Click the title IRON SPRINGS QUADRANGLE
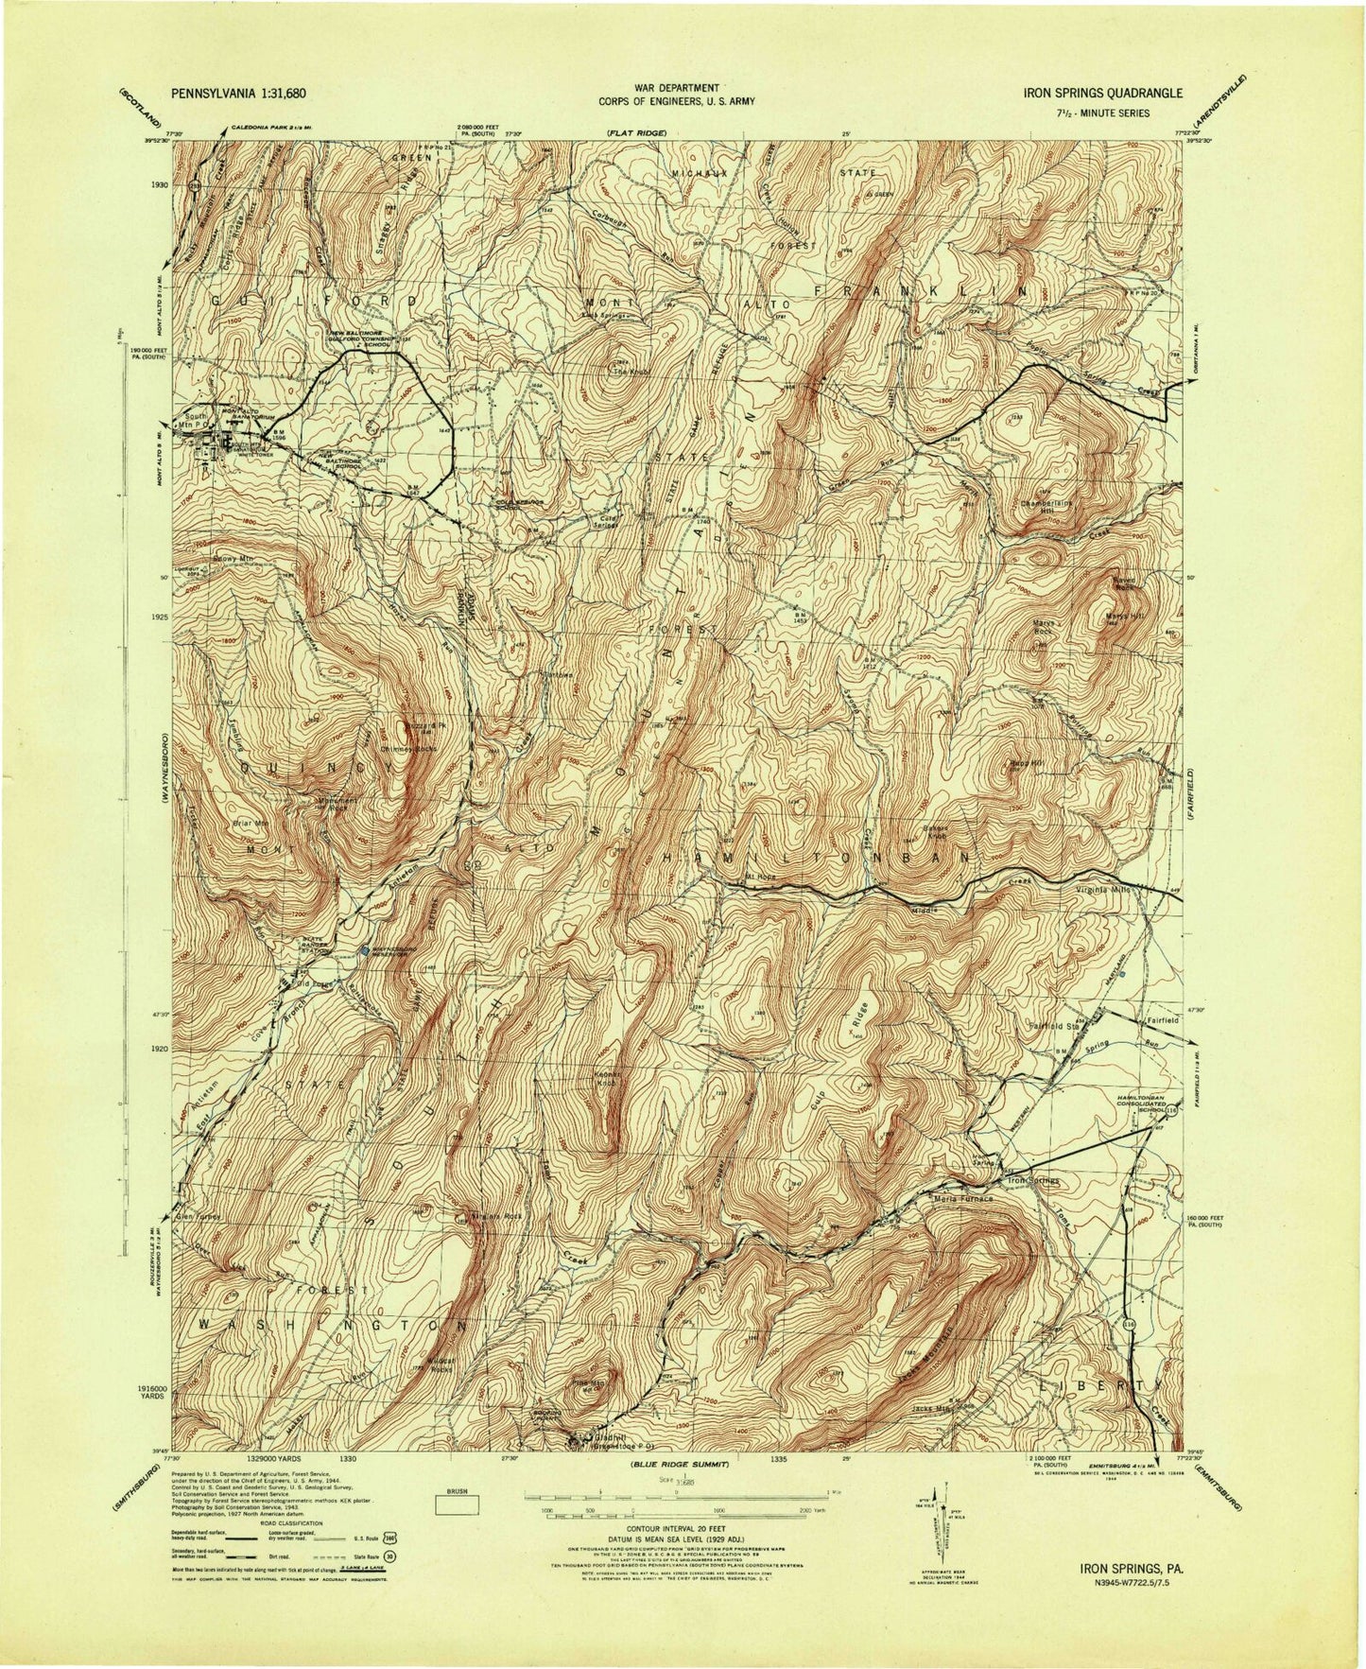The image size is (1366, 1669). pyautogui.click(x=1102, y=93)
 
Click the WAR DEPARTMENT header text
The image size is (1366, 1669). pyautogui.click(x=675, y=87)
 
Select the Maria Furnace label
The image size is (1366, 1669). pyautogui.click(x=963, y=1198)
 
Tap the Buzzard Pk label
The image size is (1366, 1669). pyautogui.click(x=411, y=726)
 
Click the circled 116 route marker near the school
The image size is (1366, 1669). pyautogui.click(x=1172, y=1115)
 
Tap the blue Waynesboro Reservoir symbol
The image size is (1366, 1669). pyautogui.click(x=365, y=949)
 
